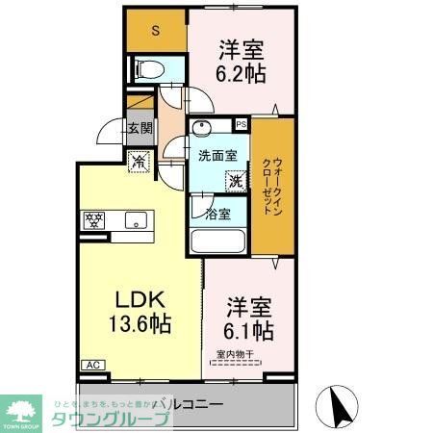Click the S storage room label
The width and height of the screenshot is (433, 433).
coord(155,31)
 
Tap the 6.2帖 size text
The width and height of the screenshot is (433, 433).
coord(241,71)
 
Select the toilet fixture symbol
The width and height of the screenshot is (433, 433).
coord(149,68)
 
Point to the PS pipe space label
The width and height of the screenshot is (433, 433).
coord(241,124)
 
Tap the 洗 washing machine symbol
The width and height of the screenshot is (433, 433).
coord(234,180)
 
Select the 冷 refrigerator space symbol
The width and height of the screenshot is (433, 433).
coord(139,164)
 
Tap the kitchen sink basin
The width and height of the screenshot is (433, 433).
coord(134,220)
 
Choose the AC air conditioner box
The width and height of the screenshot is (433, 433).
coord(94,366)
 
